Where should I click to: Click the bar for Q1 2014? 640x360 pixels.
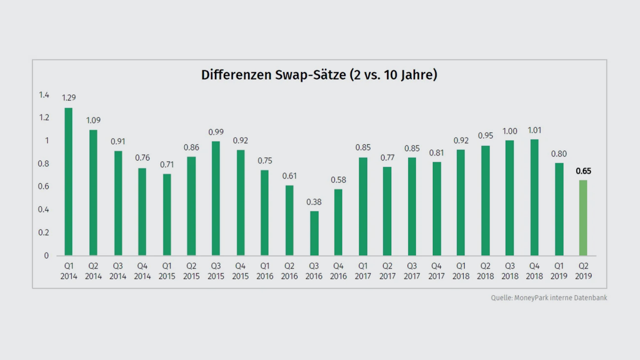[68, 182]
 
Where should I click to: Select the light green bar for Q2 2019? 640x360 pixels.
[583, 218]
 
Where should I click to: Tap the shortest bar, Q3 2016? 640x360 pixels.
[314, 233]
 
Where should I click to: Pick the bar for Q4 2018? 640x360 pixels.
[534, 197]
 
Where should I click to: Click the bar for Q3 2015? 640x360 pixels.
[216, 198]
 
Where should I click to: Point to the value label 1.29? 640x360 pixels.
[69, 98]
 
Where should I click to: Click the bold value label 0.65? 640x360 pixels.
[583, 171]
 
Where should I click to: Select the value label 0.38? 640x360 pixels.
[314, 202]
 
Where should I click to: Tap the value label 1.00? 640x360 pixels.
[510, 131]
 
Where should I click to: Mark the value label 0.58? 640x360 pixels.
[338, 180]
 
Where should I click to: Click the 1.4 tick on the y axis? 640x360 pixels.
[44, 95]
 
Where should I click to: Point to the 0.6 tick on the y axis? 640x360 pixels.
[44, 186]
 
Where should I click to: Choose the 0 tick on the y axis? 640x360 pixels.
[46, 256]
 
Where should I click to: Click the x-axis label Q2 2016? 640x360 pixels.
[289, 271]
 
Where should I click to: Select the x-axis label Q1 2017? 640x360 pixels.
[363, 271]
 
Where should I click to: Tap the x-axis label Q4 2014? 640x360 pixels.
[142, 271]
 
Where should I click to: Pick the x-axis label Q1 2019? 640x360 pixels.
[559, 271]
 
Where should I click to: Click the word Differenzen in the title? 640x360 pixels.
[236, 75]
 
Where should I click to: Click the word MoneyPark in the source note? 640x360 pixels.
[531, 298]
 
